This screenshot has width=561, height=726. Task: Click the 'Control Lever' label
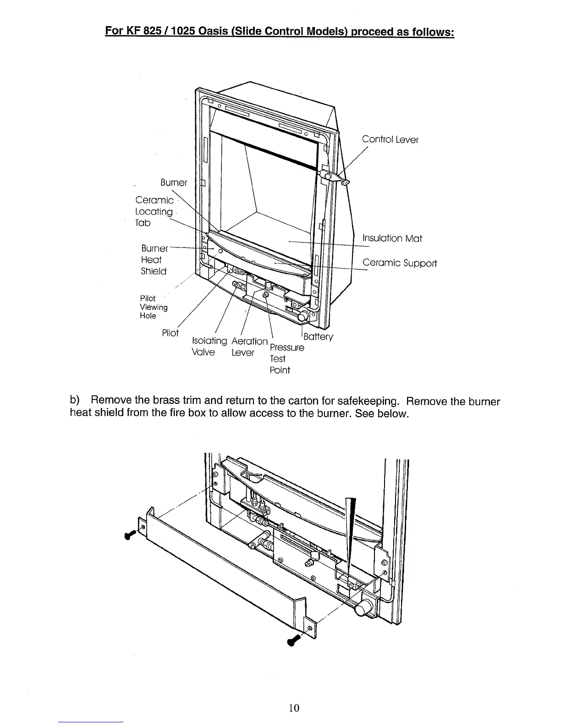coord(390,139)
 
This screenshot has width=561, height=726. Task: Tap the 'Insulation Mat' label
coord(392,238)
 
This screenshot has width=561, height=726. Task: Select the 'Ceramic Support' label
coord(399,263)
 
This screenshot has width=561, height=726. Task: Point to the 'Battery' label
coord(318,337)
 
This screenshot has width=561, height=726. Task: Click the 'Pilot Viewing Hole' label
coord(154,307)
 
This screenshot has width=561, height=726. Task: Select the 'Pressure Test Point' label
coord(286,358)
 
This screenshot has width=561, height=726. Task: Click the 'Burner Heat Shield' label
coord(154,259)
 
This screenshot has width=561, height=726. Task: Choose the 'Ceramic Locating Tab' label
coord(154,211)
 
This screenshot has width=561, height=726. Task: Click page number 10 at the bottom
coord(294,708)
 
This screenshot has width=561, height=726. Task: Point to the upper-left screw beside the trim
coord(130,534)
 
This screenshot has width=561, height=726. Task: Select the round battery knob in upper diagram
coord(303,317)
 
